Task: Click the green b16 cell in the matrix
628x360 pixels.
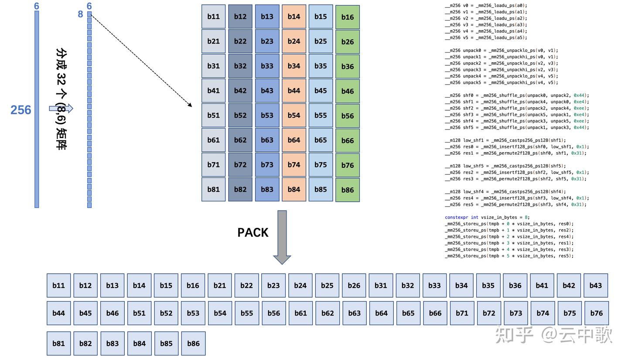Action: click(347, 17)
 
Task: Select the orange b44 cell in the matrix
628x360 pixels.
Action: click(294, 91)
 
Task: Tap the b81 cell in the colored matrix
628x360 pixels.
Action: click(213, 189)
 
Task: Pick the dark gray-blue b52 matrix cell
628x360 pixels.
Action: click(240, 115)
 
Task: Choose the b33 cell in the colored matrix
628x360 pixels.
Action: click(267, 66)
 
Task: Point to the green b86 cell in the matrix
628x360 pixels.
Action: click(347, 190)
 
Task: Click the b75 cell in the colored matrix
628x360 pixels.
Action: click(321, 165)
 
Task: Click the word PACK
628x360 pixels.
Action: click(253, 233)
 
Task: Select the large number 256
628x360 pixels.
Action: click(20, 110)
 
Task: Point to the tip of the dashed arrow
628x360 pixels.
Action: click(191, 106)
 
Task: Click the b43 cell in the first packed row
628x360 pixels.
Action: click(595, 285)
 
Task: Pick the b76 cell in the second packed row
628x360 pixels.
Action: click(596, 313)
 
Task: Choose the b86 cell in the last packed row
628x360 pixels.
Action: click(193, 343)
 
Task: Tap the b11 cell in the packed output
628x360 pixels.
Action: click(58, 285)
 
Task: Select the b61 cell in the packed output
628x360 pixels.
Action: click(300, 313)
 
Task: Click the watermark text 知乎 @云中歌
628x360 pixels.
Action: click(554, 335)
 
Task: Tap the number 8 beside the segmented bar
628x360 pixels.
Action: click(80, 14)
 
